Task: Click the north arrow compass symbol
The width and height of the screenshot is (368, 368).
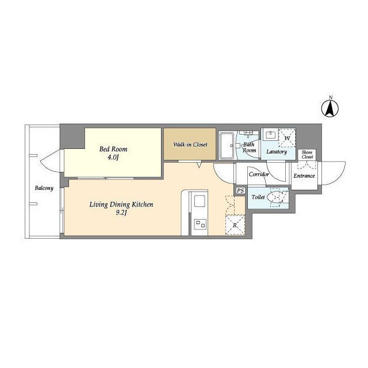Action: (330, 109)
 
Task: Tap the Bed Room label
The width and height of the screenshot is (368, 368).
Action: (113, 149)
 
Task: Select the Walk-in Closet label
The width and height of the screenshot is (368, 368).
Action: (190, 144)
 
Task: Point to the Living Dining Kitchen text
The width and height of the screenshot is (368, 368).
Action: (121, 205)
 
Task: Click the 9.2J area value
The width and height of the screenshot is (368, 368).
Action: (121, 213)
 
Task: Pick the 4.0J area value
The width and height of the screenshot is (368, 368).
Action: (113, 157)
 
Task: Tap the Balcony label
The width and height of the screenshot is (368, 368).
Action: (44, 188)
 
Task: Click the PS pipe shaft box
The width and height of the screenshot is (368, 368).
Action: (240, 190)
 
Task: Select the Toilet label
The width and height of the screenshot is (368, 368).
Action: (258, 197)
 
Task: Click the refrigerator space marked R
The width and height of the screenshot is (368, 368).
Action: (235, 225)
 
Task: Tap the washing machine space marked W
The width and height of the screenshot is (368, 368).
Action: (287, 138)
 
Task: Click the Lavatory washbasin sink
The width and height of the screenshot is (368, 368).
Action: (271, 136)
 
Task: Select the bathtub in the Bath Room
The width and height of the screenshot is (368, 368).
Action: (227, 145)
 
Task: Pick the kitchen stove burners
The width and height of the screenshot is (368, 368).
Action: (200, 224)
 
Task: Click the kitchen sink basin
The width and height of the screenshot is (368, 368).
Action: (200, 201)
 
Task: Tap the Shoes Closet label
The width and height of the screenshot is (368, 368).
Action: (307, 155)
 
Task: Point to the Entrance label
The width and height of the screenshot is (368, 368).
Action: (304, 176)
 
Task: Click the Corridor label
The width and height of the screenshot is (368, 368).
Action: (259, 174)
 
